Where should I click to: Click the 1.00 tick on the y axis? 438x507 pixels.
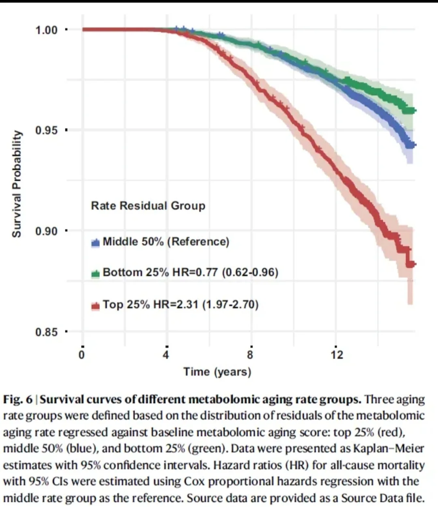coord(47,30)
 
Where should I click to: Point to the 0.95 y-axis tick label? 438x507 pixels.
coord(47,130)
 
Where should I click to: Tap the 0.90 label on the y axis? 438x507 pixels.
coord(47,231)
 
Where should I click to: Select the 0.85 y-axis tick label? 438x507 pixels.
coord(47,332)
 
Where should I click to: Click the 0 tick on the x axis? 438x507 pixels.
coord(82,355)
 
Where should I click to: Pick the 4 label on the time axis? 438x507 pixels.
coord(166,355)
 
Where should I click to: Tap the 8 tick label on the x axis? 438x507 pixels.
coord(250,355)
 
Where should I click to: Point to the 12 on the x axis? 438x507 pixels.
coord(337,355)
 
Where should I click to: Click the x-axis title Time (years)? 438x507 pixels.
coord(217,371)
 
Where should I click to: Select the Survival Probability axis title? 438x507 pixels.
coord(16,184)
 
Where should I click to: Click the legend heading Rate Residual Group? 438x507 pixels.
coord(148,206)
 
